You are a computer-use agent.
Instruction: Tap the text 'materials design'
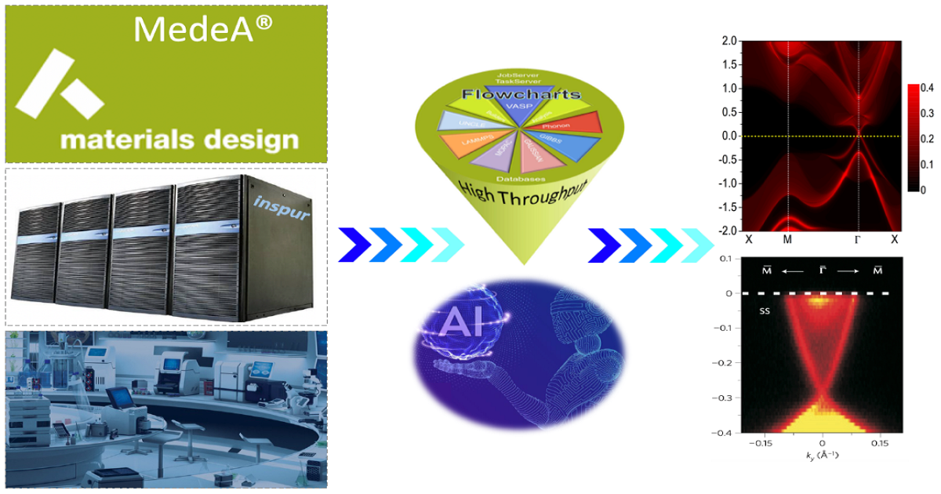[x=180, y=140]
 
